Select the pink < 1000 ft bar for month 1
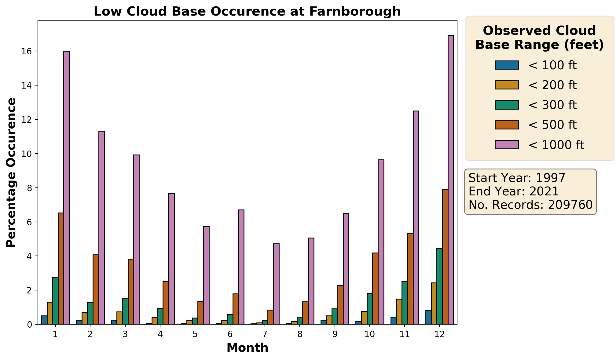click(67, 187)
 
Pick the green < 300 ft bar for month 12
click(439, 286)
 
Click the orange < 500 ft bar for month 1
click(61, 268)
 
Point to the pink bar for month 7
click(276, 284)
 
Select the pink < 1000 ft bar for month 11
click(416, 217)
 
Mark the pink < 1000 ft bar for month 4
click(171, 259)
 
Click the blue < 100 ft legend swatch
click(507, 65)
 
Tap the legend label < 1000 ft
click(556, 145)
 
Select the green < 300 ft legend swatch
click(507, 105)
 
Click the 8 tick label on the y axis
click(29, 188)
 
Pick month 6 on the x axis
click(230, 334)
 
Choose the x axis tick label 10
click(370, 334)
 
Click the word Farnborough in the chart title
click(354, 12)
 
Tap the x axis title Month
click(248, 348)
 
